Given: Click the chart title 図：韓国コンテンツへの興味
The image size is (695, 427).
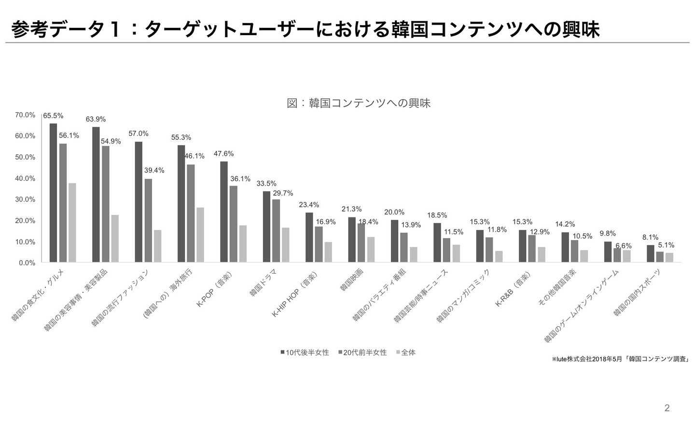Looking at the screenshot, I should (358, 103).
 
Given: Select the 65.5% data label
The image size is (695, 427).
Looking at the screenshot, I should (53, 116).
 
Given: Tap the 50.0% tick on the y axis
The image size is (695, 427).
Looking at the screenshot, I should (25, 157).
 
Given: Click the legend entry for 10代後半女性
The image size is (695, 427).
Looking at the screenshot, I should (305, 352).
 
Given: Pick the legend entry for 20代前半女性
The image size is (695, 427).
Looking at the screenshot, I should (362, 352).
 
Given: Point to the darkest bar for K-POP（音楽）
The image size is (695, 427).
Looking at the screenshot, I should (224, 212).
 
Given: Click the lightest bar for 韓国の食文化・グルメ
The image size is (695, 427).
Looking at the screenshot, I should (72, 223).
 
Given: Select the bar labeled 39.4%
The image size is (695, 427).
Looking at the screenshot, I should (148, 221).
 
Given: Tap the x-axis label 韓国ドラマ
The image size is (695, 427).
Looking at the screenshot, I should (264, 282).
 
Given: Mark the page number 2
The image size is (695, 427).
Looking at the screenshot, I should (667, 408).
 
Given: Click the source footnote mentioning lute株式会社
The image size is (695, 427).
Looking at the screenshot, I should (620, 359).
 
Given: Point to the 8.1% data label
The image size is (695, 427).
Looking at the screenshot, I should (650, 237).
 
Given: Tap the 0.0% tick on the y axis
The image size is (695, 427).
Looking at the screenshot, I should (27, 263).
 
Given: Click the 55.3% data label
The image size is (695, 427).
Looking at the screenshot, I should (181, 137).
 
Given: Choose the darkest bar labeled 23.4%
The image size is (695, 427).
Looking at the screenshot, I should (309, 237).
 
